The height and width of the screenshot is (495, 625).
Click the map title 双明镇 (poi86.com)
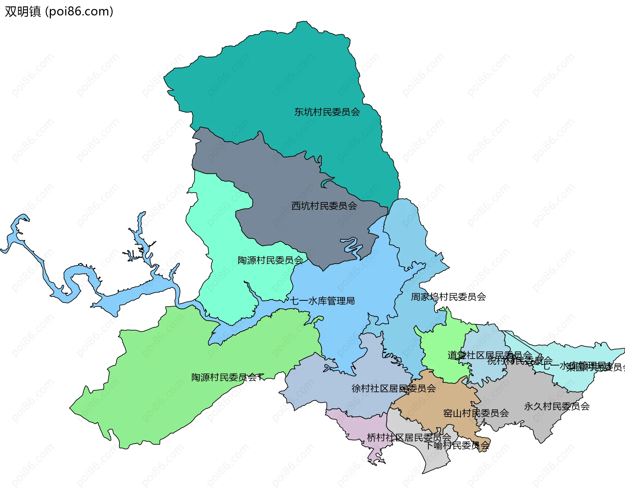pos(59,11)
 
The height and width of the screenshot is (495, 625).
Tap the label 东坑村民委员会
pos(327,112)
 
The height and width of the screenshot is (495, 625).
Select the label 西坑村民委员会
pos(324,206)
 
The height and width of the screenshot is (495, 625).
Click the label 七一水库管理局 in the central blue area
pos(322,301)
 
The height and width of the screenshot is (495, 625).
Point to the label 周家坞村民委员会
pos(448,297)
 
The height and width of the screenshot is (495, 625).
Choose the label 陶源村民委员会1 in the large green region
pos(227,377)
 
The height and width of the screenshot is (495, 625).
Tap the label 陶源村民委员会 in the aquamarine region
pos(270,260)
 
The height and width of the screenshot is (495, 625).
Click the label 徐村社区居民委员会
pos(393,388)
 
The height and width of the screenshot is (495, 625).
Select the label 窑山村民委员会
pos(476,413)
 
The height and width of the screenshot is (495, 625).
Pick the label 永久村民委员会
pos(556,406)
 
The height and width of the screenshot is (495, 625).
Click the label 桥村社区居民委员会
pos(409,437)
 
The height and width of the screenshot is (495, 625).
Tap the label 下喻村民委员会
pos(457,445)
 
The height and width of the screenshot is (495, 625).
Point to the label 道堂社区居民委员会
pos(490,355)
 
